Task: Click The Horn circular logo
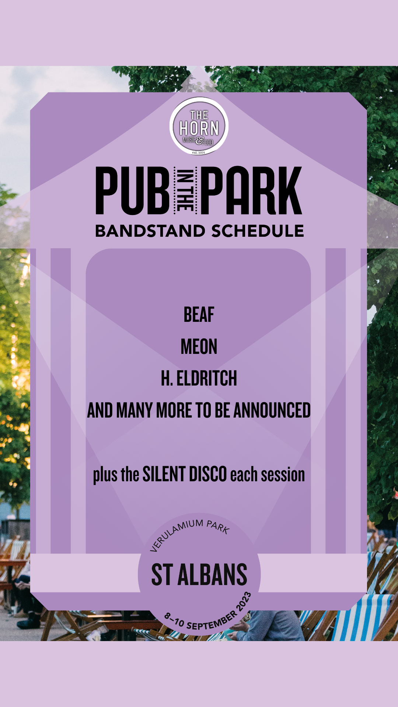[199, 126]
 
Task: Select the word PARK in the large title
[253, 190]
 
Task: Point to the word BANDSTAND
[150, 231]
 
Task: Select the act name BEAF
[199, 315]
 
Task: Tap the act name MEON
[199, 347]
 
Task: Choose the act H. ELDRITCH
[199, 379]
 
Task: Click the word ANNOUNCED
[272, 411]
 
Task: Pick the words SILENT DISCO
[185, 474]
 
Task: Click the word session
[283, 475]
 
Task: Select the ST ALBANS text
[199, 575]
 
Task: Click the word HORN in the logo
[199, 128]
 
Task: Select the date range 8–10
[174, 619]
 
